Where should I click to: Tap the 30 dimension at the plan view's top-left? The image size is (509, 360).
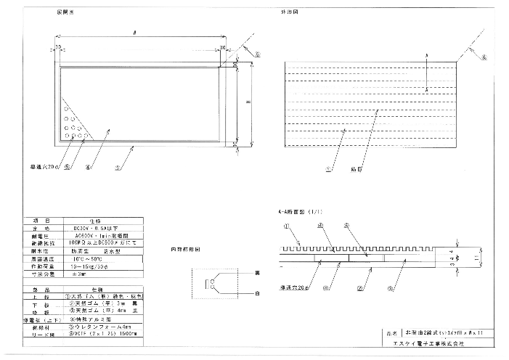(57, 46)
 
